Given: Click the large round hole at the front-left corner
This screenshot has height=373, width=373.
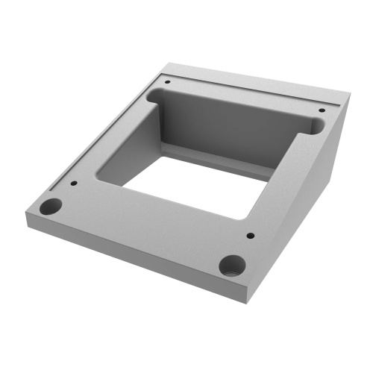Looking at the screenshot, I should click(x=51, y=207).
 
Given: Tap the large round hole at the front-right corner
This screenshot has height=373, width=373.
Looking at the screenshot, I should click(x=231, y=264).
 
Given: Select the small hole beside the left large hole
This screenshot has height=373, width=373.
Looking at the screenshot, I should click(x=74, y=183).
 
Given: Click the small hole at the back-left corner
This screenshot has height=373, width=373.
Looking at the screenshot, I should click(x=168, y=81).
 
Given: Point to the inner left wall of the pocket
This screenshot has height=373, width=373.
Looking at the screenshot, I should click(x=134, y=142).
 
